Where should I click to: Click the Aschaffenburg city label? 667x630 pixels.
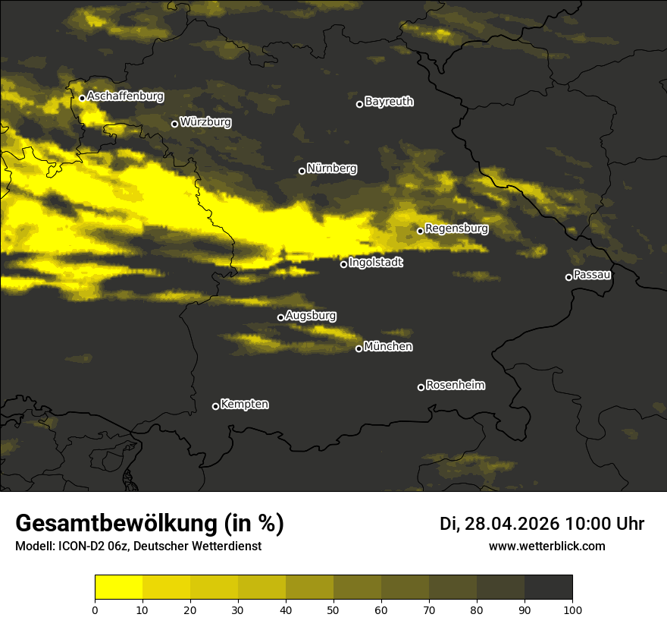[x=125, y=96]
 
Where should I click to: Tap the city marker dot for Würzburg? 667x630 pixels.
[x=174, y=124]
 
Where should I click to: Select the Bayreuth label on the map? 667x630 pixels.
[x=389, y=102]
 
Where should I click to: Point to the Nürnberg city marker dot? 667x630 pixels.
[x=302, y=171]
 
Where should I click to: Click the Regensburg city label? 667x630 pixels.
[x=456, y=228]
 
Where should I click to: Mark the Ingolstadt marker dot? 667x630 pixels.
[x=343, y=264]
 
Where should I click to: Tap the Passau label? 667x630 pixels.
[x=592, y=275]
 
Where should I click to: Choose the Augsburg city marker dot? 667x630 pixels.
[x=280, y=317]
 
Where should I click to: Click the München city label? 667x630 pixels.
[x=388, y=347]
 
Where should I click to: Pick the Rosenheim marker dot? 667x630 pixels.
[x=421, y=387]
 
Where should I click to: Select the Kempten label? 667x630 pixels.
[x=244, y=405]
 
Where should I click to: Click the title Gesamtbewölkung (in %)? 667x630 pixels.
[x=149, y=524]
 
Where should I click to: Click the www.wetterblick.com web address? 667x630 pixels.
[x=546, y=546]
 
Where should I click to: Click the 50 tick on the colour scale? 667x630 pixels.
[x=333, y=609]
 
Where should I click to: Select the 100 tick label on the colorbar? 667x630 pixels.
[x=572, y=609]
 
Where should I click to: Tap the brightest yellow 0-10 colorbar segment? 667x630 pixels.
[x=118, y=587]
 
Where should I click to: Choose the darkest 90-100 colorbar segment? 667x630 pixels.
[x=548, y=587]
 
